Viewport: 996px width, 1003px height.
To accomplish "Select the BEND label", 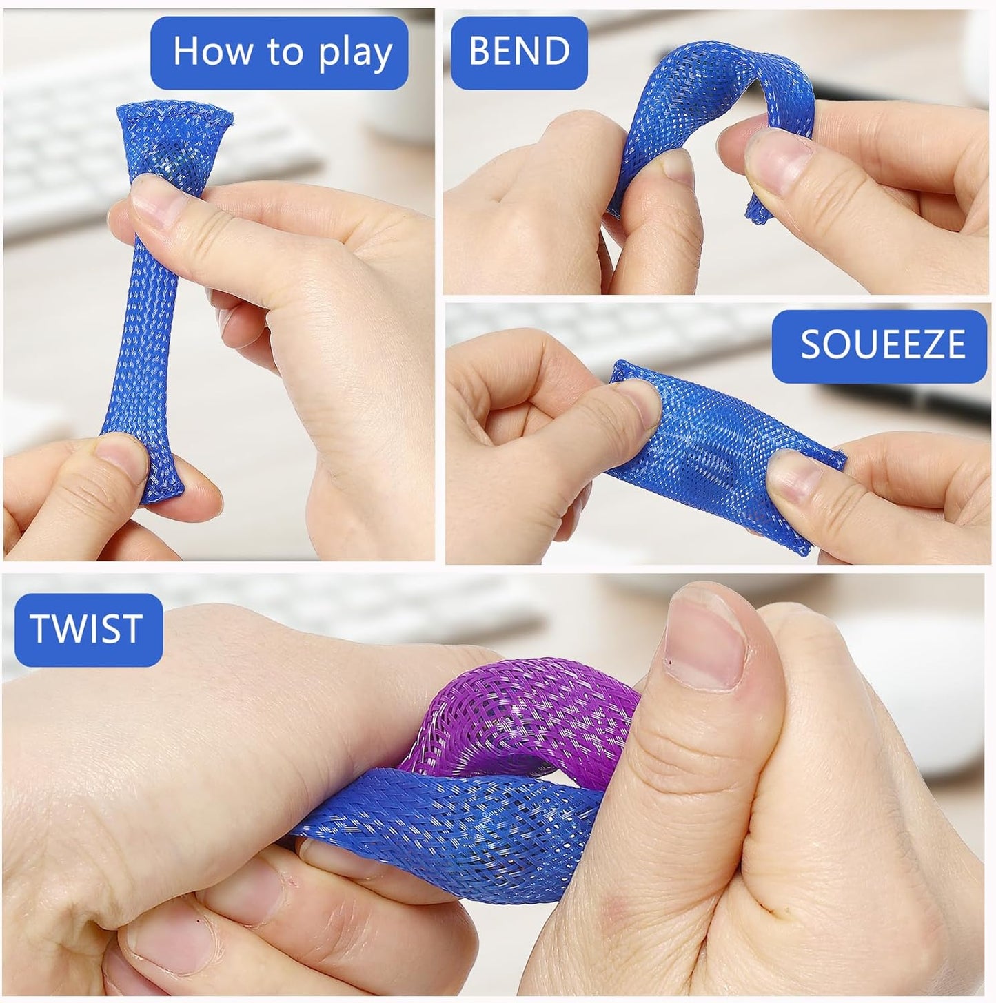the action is click(x=519, y=52).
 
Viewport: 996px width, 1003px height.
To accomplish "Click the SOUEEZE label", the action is click(x=879, y=346).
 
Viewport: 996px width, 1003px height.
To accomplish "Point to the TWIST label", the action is click(x=88, y=630).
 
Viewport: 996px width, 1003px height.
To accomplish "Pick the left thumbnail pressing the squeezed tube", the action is click(x=639, y=402).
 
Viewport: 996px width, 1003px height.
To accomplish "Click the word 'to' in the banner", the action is click(x=285, y=52).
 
